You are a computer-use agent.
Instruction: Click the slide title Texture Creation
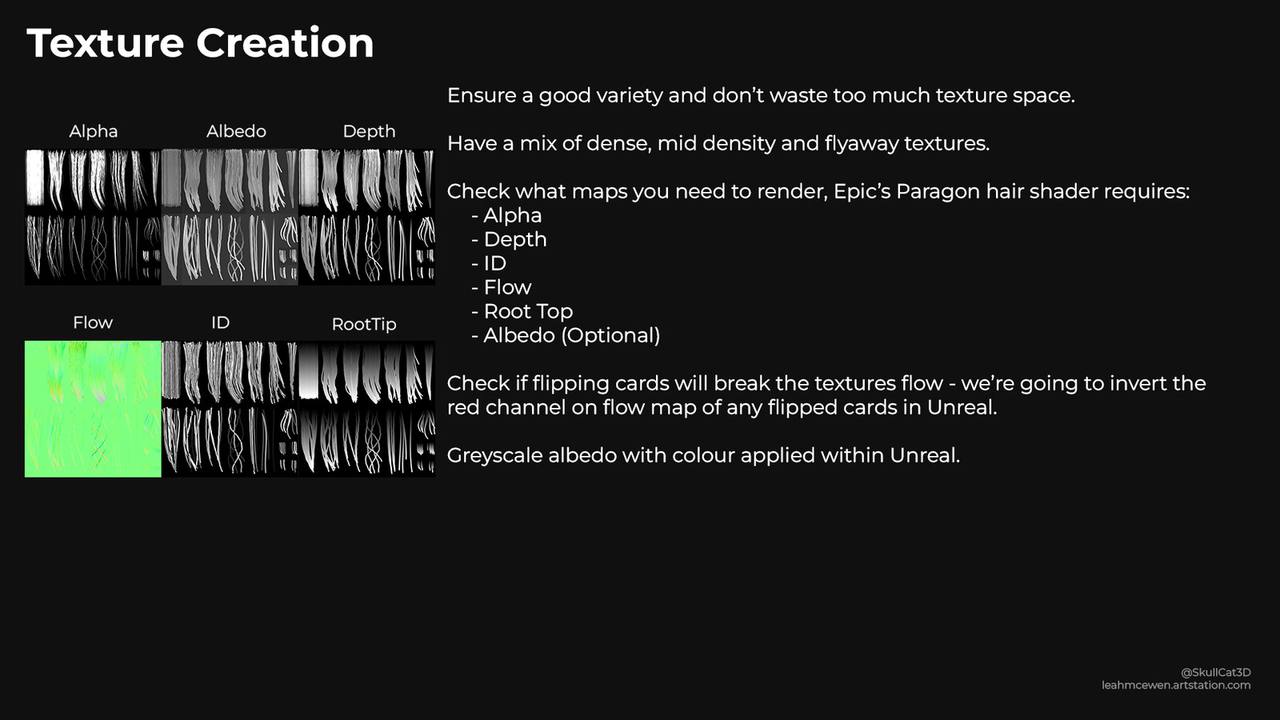[x=200, y=43]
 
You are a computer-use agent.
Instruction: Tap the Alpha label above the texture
[x=93, y=131]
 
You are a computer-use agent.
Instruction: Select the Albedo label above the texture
[x=236, y=131]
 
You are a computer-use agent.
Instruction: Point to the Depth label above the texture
[x=369, y=132]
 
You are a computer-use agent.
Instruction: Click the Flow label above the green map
[x=93, y=322]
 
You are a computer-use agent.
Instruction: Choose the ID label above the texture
[x=221, y=323]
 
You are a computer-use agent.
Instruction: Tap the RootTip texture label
[x=364, y=325]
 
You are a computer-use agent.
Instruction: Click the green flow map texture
[x=93, y=409]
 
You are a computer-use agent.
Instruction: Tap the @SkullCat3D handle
[x=1215, y=673]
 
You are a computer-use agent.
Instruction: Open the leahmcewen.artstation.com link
[x=1176, y=685]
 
